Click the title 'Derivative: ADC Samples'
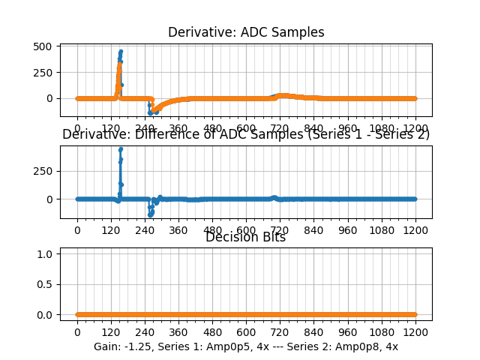click(x=246, y=32)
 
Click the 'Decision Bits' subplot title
click(x=246, y=238)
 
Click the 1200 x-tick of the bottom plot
click(x=415, y=332)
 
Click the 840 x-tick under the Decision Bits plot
click(x=313, y=332)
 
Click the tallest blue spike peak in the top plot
click(x=121, y=52)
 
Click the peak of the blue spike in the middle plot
click(x=121, y=149)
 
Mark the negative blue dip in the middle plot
click(x=151, y=214)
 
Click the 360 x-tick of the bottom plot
click(x=178, y=332)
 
